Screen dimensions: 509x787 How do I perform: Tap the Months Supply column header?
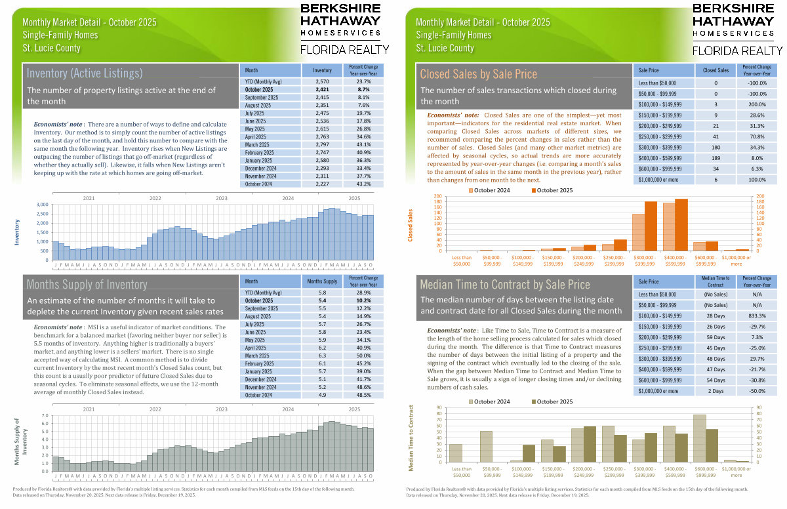point(322,281)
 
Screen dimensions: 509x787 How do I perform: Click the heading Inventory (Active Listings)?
point(85,72)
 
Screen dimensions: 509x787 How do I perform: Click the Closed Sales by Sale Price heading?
point(478,74)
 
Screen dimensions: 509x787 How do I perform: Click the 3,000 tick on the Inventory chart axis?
point(41,205)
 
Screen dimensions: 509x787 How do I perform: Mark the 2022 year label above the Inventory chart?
point(155,197)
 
